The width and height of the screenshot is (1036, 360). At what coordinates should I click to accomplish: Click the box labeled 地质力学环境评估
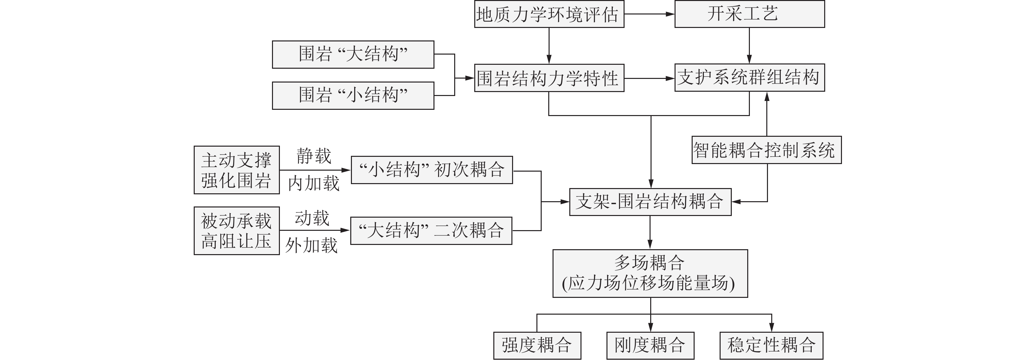pyautogui.click(x=549, y=14)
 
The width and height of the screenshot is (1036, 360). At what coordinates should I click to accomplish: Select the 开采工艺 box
pyautogui.click(x=749, y=14)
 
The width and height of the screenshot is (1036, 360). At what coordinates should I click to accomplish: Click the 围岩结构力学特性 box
pyautogui.click(x=549, y=78)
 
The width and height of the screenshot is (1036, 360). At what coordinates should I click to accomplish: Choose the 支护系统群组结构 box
pyautogui.click(x=749, y=78)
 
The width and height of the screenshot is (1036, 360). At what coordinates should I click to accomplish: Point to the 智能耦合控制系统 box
pyautogui.click(x=766, y=150)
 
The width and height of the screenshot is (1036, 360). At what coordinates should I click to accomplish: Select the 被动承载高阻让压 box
pyautogui.click(x=236, y=231)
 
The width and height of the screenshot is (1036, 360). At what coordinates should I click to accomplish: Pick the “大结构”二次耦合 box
pyautogui.click(x=431, y=231)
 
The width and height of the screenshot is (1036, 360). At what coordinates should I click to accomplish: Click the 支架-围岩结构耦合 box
pyautogui.click(x=650, y=202)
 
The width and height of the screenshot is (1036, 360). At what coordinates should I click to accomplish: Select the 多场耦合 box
pyautogui.click(x=650, y=274)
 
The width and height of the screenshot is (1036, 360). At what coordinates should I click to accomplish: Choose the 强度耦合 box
pyautogui.click(x=537, y=346)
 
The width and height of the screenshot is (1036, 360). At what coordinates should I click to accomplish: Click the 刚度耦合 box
pyautogui.click(x=650, y=346)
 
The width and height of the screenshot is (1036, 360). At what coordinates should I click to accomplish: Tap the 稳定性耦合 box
pyautogui.click(x=771, y=346)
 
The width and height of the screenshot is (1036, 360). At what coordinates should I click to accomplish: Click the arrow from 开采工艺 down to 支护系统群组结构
pyautogui.click(x=749, y=45)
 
